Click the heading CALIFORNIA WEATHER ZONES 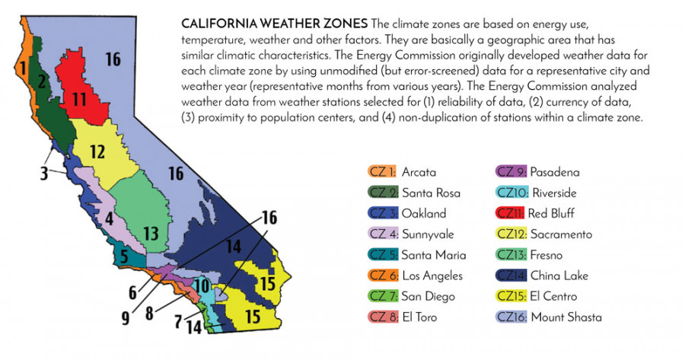274,23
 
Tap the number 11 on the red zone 79,99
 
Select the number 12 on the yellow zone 97,152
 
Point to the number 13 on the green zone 151,234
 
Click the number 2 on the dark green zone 42,81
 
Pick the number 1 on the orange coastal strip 23,68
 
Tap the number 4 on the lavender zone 109,218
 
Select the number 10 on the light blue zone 202,287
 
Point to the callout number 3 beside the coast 43,174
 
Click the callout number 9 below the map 126,318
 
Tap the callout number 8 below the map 149,314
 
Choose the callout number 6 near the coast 132,292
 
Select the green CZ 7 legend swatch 383,296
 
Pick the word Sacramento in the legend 561,234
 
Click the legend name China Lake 559,276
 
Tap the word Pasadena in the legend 555,172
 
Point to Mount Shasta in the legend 566,317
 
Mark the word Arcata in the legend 419,172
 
